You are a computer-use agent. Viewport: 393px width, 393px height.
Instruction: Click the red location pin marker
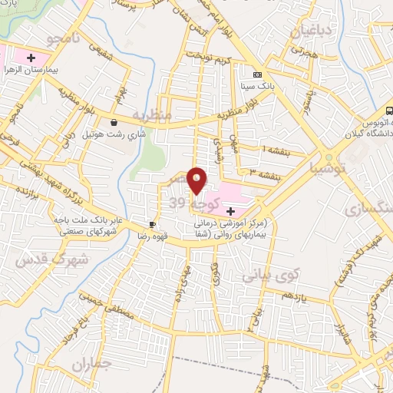pyautogui.click(x=197, y=180)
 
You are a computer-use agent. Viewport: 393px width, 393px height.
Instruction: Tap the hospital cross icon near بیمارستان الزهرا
pyautogui.click(x=31, y=58)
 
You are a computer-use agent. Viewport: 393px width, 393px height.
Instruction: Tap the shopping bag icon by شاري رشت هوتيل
pyautogui.click(x=114, y=121)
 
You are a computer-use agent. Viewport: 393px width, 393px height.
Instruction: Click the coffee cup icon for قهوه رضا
pyautogui.click(x=152, y=225)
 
